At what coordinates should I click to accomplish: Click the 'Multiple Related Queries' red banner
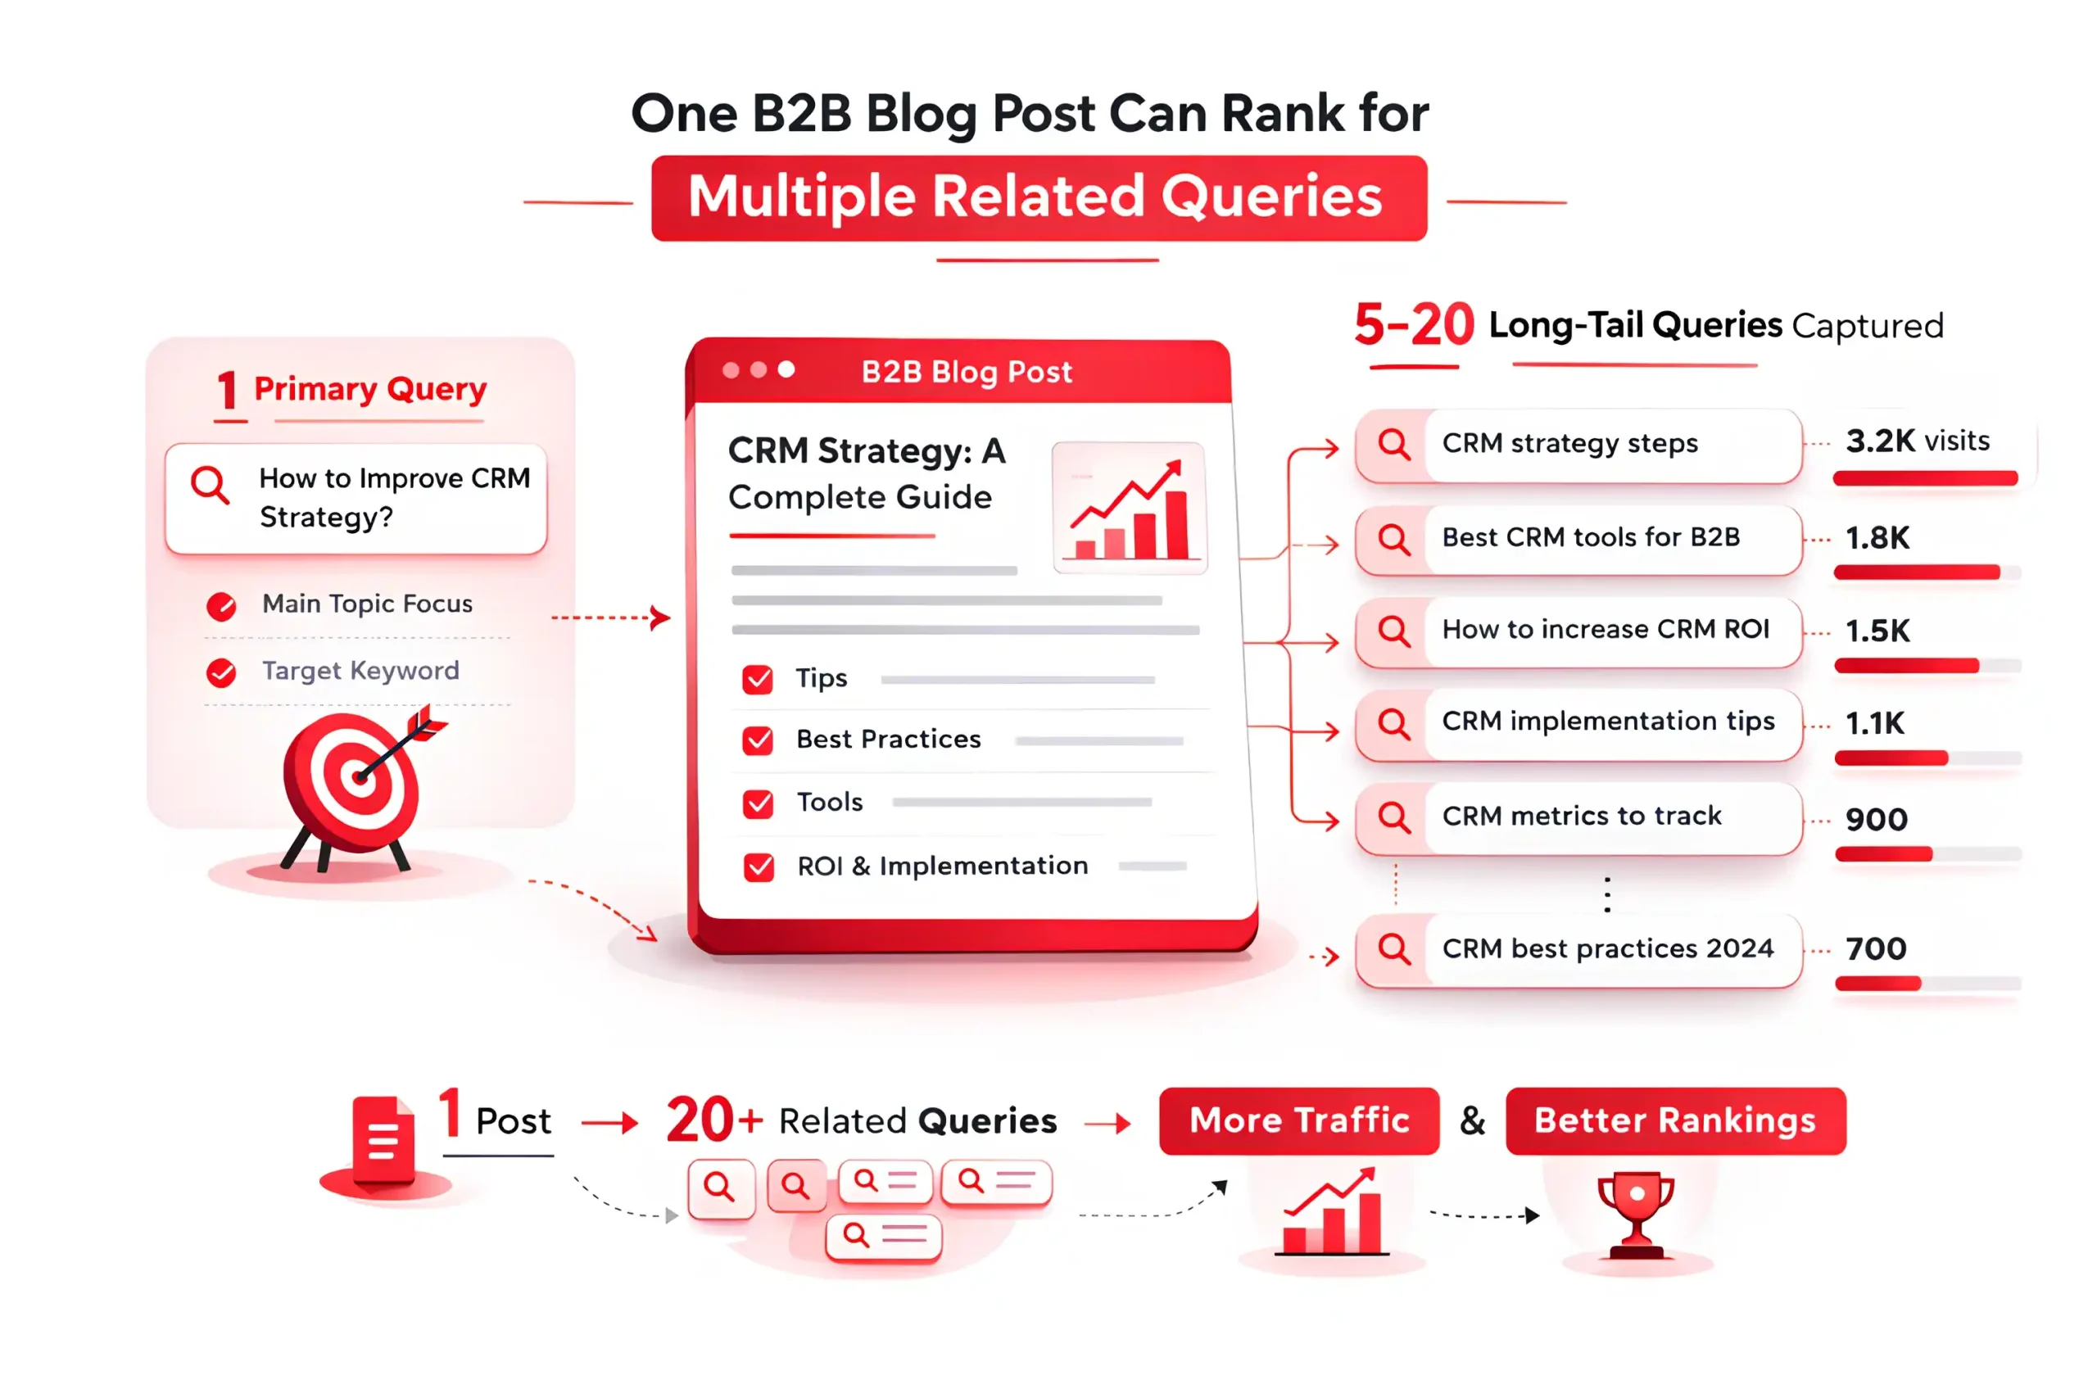1039,198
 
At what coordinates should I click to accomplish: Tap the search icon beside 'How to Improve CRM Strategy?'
211,485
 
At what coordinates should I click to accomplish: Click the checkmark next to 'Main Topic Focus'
221,606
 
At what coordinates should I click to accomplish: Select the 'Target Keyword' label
360,671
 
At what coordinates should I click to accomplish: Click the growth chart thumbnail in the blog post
1130,506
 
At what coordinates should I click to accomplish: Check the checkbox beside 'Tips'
758,680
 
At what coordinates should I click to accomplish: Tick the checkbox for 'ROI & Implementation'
759,866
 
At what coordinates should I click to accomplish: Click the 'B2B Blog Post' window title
967,372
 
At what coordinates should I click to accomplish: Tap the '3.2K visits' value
1918,441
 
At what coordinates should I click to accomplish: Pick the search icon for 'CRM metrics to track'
1393,817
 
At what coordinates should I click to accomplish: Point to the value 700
1876,948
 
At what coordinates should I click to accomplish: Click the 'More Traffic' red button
1299,1120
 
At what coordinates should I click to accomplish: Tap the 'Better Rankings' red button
1675,1120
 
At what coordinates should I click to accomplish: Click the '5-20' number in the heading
1414,324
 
